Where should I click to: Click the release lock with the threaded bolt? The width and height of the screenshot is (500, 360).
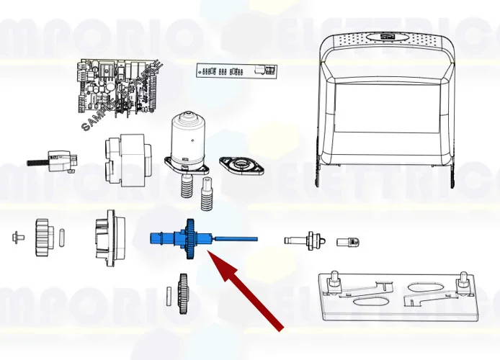pos(55,160)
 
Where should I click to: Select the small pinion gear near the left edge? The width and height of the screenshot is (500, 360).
pos(43,234)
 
